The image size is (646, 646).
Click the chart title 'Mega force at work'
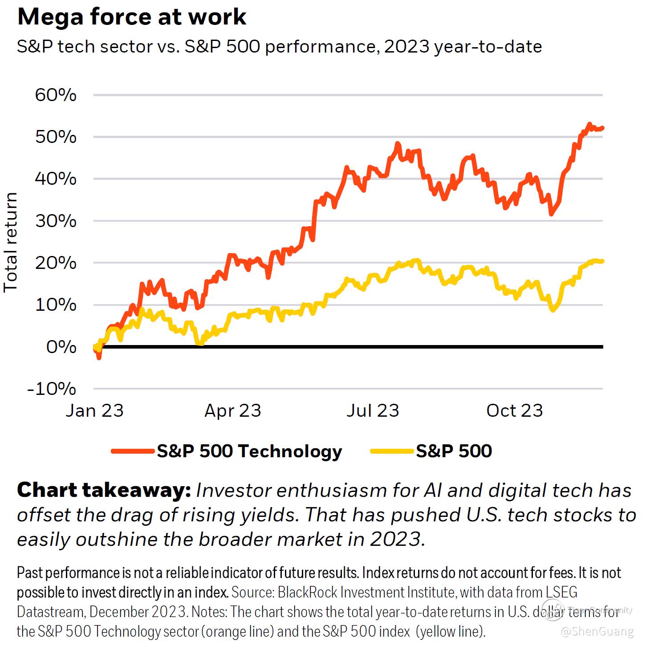[131, 17]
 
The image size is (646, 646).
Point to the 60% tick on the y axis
[56, 95]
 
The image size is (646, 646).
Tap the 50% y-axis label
[56, 137]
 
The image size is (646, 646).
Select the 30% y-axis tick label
[56, 221]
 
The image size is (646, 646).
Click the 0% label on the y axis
[61, 347]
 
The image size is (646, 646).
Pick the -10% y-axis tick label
[52, 389]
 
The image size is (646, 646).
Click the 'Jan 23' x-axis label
[94, 410]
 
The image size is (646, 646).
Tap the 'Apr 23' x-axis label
[233, 410]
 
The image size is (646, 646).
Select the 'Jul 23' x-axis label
[373, 410]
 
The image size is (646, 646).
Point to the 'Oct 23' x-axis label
[515, 410]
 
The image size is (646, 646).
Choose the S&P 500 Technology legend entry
[249, 451]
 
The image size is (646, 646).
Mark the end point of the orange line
[602, 128]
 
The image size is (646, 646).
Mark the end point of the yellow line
[602, 261]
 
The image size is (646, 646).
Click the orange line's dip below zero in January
[99, 357]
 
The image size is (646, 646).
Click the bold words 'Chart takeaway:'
[104, 490]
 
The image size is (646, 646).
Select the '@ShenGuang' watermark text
[597, 631]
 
